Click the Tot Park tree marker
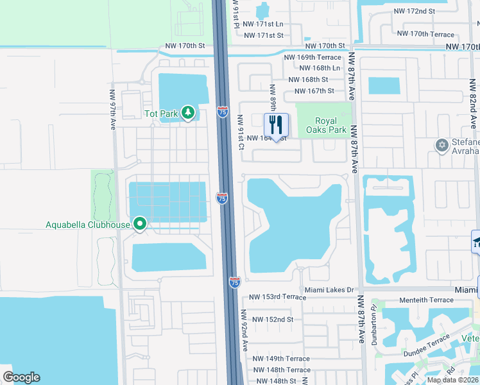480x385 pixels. pos(187,114)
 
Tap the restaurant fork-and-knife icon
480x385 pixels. pos(277,123)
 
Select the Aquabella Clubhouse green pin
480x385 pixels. pos(140,224)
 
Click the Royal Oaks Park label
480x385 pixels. pos(330,125)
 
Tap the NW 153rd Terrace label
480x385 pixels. pos(278,297)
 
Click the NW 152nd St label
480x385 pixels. pos(272,319)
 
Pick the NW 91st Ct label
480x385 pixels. pos(241,132)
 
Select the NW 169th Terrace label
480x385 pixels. pos(315,57)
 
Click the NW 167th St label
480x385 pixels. pos(311,90)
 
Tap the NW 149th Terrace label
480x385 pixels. pos(281,359)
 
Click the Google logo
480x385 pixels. pos(21,377)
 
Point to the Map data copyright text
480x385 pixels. pos(453,380)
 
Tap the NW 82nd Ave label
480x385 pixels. pos(473,105)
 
